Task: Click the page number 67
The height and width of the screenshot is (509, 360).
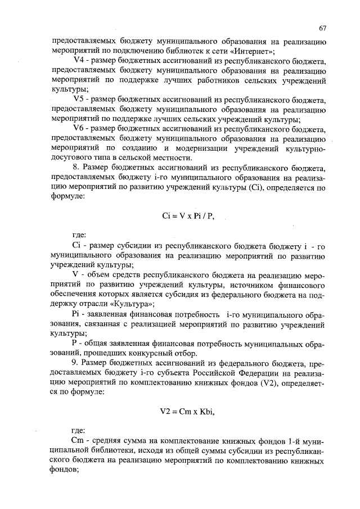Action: click(322, 28)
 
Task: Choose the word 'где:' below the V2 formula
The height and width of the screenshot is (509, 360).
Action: click(79, 431)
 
